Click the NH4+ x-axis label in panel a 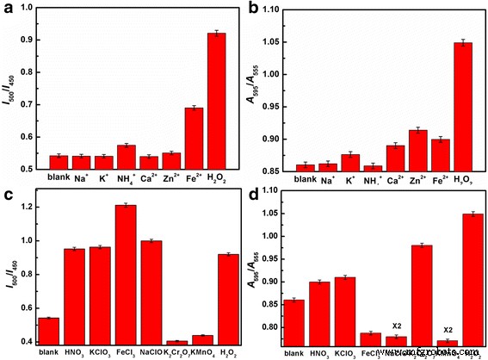coord(127,185)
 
